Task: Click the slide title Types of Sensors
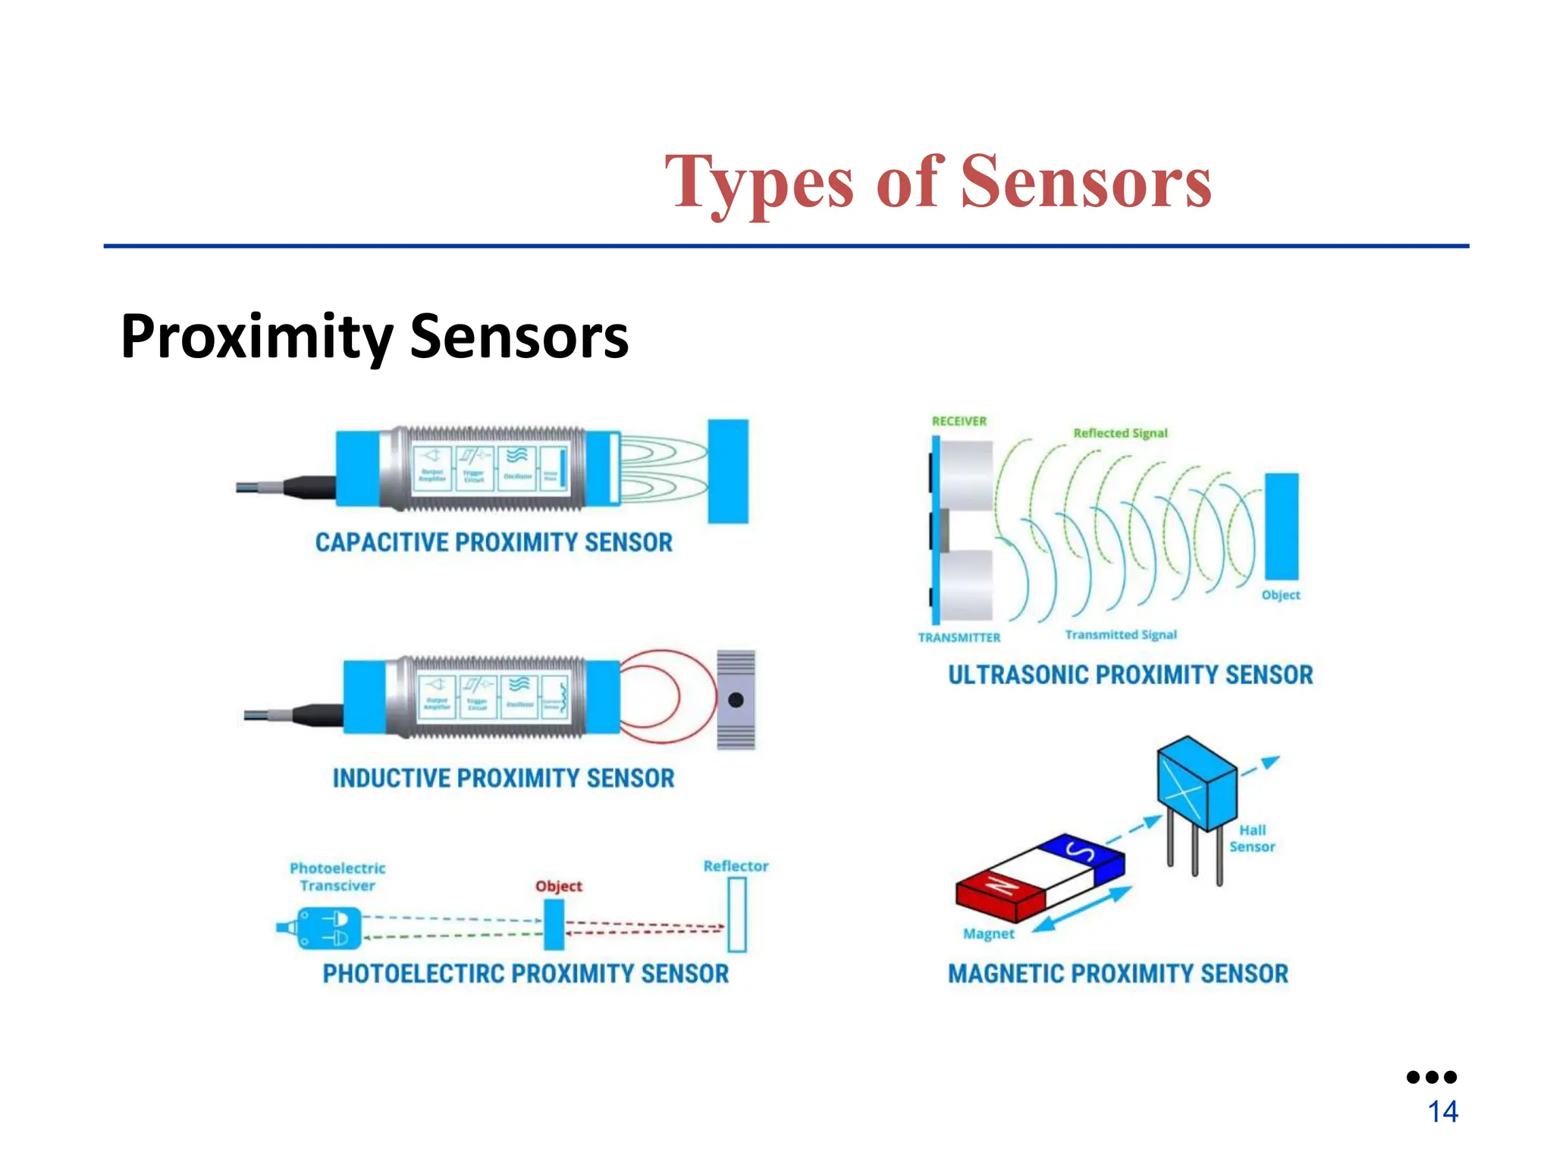(938, 182)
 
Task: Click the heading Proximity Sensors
(375, 336)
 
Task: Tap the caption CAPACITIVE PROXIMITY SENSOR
(494, 542)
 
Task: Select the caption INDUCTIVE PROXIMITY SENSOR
(504, 778)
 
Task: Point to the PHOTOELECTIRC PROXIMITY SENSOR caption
(526, 973)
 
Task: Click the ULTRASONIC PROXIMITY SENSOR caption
(1130, 674)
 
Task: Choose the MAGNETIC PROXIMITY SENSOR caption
(1118, 973)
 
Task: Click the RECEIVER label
(959, 421)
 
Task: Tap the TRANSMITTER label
(959, 638)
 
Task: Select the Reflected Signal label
(1120, 433)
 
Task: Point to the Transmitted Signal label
(1121, 635)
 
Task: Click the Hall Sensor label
(1252, 838)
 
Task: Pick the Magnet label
(988, 934)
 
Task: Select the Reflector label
(736, 866)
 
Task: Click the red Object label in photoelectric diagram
(559, 886)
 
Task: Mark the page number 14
(1442, 1112)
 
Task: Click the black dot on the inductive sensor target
(736, 700)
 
